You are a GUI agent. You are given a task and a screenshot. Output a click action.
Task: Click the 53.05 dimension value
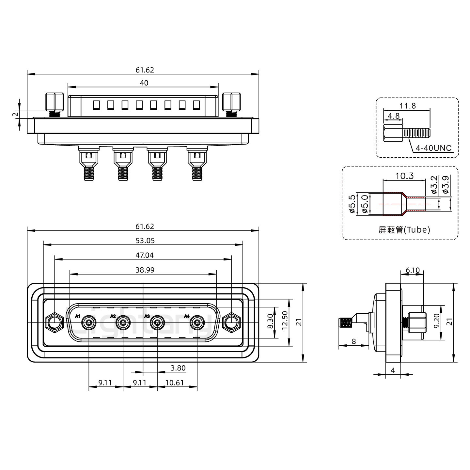pyautogui.click(x=145, y=241)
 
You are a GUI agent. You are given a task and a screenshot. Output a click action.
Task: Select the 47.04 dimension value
pyautogui.click(x=145, y=255)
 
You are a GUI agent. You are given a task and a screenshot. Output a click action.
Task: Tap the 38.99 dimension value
pyautogui.click(x=145, y=270)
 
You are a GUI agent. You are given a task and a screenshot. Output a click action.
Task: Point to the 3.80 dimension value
pyautogui.click(x=178, y=368)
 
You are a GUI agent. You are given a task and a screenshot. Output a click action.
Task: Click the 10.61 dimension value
pyautogui.click(x=175, y=383)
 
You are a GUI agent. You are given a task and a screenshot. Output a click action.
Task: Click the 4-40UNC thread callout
pyautogui.click(x=433, y=148)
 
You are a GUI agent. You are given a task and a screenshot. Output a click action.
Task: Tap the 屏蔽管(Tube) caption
pyautogui.click(x=404, y=230)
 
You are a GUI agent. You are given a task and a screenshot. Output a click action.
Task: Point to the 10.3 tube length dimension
pyautogui.click(x=404, y=176)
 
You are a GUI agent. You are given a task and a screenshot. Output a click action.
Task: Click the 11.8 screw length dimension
pyautogui.click(x=407, y=106)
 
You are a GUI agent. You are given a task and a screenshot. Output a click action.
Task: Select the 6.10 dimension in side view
pyautogui.click(x=413, y=270)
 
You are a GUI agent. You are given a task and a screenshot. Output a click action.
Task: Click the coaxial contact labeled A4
pyautogui.click(x=197, y=323)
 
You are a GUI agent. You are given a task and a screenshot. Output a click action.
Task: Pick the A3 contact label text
pyautogui.click(x=147, y=316)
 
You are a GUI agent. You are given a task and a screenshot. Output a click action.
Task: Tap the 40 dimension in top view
pyautogui.click(x=144, y=83)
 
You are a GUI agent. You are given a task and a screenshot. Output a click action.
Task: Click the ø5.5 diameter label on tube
pyautogui.click(x=352, y=204)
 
